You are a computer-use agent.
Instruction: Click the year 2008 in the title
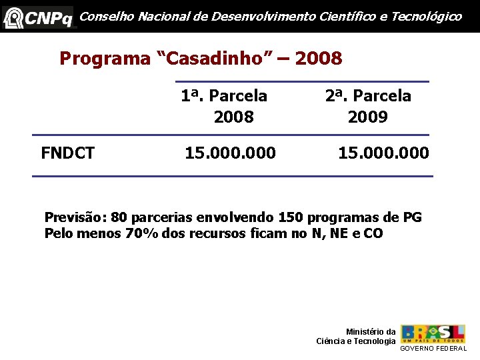318,59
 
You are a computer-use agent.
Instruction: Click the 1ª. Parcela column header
224,96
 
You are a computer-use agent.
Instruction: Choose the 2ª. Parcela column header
368,96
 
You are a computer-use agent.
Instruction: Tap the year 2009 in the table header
368,117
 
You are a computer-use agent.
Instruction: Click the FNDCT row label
67,154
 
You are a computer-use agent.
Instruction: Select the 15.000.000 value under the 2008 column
230,154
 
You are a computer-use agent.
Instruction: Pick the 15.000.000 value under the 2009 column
383,154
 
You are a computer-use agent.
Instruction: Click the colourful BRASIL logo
433,333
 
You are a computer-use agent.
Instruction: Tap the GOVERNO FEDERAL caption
433,349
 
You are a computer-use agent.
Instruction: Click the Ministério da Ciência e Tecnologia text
356,337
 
